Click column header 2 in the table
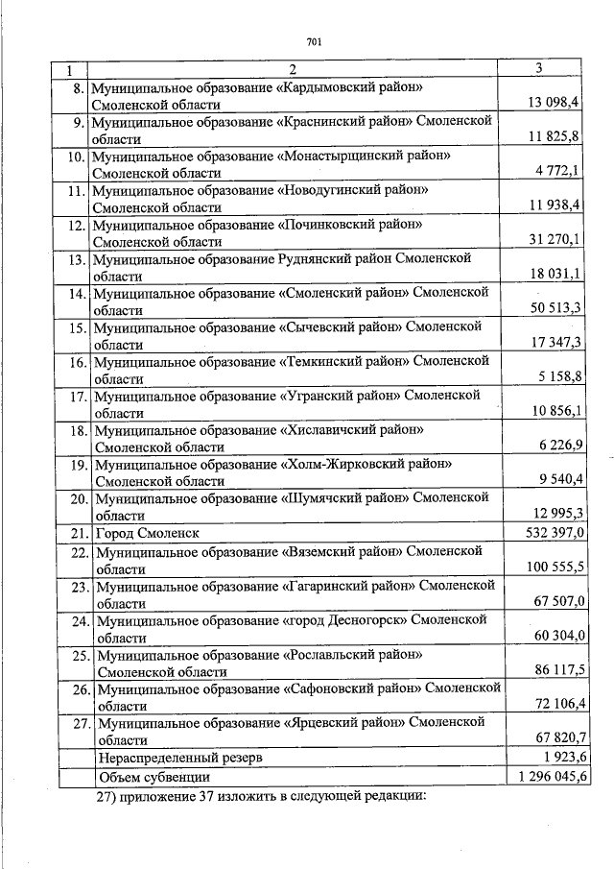coord(292,70)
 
